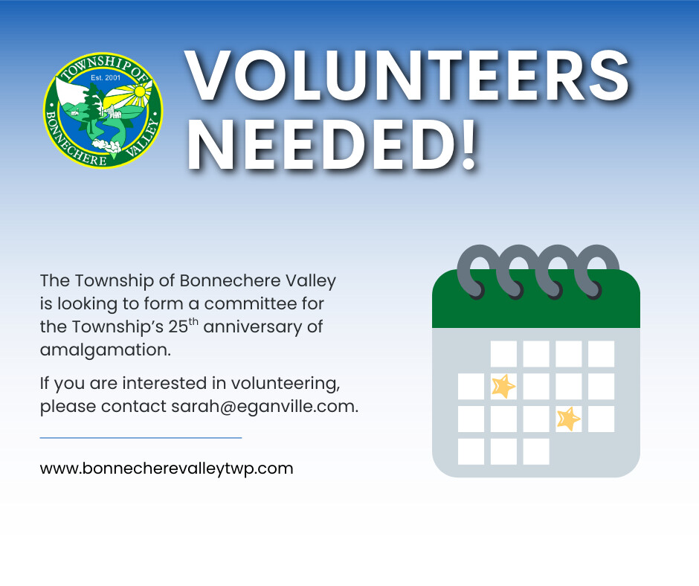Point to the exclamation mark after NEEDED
468,145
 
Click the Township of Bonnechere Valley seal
103,110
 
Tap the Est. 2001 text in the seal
105,77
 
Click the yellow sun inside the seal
140,91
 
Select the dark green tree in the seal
92,109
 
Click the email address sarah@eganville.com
265,406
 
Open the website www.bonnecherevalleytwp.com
167,469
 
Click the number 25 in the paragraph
178,327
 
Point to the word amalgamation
105,350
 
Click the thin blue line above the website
141,438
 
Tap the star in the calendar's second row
503,386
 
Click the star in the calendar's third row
569,419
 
